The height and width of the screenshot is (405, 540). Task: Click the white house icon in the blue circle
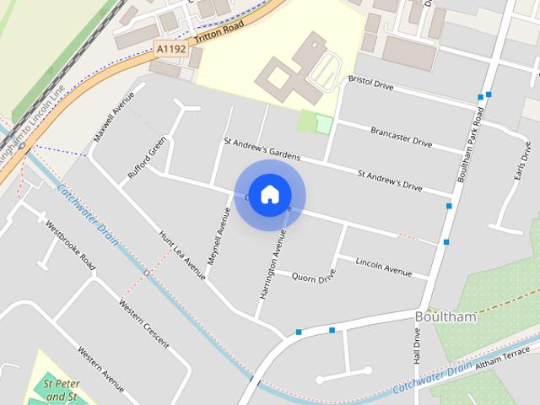[x=269, y=194]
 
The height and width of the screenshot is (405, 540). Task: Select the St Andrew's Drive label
[x=390, y=180]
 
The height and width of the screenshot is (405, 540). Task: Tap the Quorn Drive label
[x=314, y=277]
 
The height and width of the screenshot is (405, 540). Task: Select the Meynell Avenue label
[x=218, y=237]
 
